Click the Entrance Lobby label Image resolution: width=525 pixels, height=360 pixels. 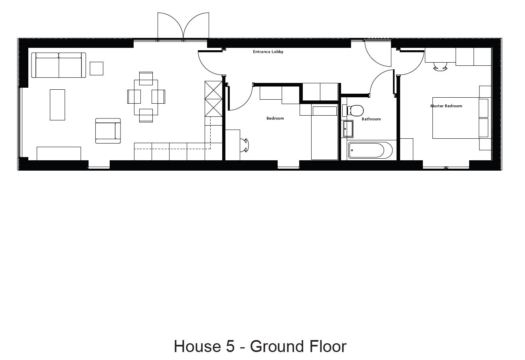tap(268, 52)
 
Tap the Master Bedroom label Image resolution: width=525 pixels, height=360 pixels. tap(446, 106)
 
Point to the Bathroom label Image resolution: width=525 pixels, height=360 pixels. tap(371, 119)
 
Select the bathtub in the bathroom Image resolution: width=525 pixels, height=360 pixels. tap(370, 150)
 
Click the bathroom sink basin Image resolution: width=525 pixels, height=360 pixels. tap(348, 129)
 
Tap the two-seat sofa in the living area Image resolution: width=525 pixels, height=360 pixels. tap(59, 65)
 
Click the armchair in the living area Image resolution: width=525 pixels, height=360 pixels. tap(108, 131)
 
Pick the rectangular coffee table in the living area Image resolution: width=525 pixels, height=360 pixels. tap(57, 105)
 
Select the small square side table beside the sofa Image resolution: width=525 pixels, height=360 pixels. tap(97, 69)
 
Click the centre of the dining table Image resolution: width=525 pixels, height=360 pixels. tap(146, 97)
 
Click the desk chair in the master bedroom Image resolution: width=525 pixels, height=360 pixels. tap(440, 67)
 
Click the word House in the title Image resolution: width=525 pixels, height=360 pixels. tap(197, 346)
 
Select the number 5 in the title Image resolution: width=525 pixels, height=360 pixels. tap(231, 346)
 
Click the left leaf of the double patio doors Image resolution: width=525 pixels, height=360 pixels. tap(170, 26)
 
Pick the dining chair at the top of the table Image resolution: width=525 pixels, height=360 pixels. tap(146, 79)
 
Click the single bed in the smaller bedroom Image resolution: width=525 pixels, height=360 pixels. tap(325, 133)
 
